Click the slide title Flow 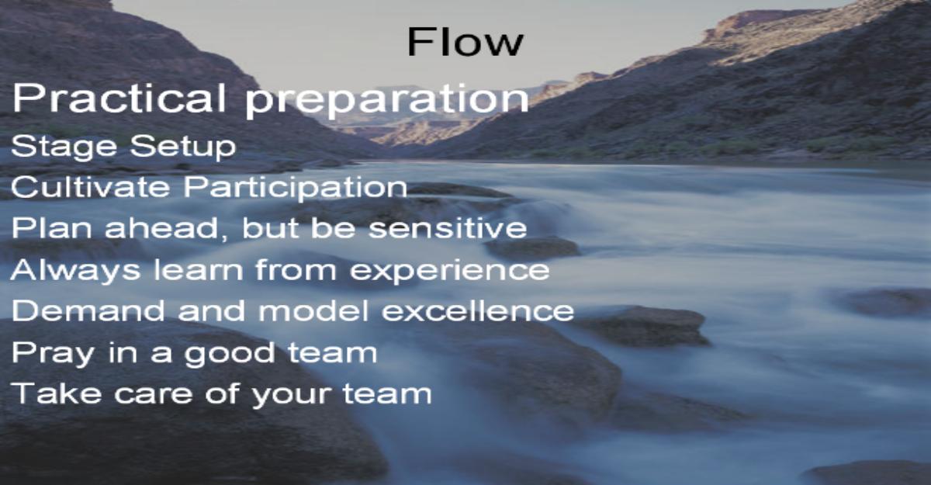465,42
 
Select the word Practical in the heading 119,98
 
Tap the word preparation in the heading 387,101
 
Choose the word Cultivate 90,186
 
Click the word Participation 295,189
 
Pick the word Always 75,271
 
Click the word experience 450,272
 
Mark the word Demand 88,310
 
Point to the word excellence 478,310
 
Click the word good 230,354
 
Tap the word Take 56,393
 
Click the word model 313,310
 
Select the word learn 199,269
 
